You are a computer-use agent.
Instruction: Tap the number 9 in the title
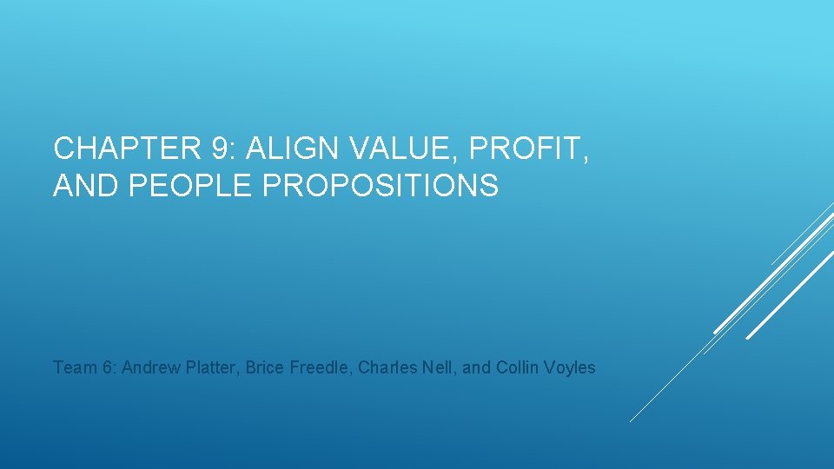point(222,149)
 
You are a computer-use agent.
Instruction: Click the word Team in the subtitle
point(73,367)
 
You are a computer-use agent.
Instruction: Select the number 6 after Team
point(109,367)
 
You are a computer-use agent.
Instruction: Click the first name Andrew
point(149,367)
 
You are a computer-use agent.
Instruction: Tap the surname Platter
point(210,367)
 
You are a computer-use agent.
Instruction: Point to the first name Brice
point(264,367)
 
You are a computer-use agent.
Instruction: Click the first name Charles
point(384,367)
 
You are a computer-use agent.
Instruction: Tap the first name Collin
point(518,367)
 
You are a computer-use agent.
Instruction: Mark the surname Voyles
point(571,367)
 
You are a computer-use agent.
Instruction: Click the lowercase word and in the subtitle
point(477,367)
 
